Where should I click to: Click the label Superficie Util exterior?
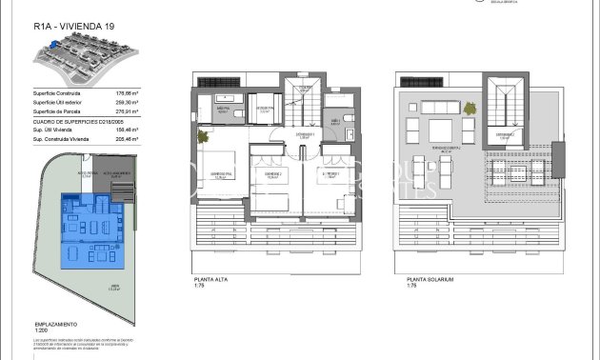click(56, 103)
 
